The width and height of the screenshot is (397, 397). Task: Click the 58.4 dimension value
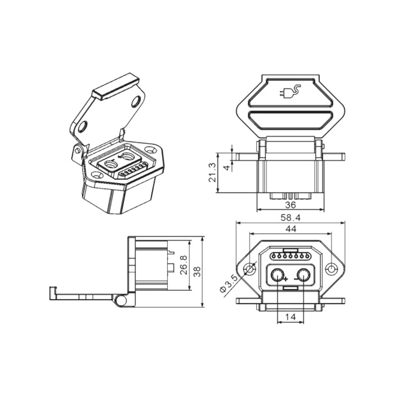(x=290, y=218)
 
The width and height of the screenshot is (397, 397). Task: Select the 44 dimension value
(x=291, y=229)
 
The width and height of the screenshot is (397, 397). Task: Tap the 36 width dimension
(x=290, y=205)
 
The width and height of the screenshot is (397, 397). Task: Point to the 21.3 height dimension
(x=212, y=172)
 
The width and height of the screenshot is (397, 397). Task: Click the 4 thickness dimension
(x=227, y=168)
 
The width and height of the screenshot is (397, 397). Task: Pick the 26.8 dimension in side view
(x=184, y=265)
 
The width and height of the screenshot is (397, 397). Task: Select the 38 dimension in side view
(x=197, y=271)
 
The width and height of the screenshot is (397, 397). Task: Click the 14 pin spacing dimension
(x=290, y=317)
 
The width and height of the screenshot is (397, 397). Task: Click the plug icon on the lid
(x=290, y=92)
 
